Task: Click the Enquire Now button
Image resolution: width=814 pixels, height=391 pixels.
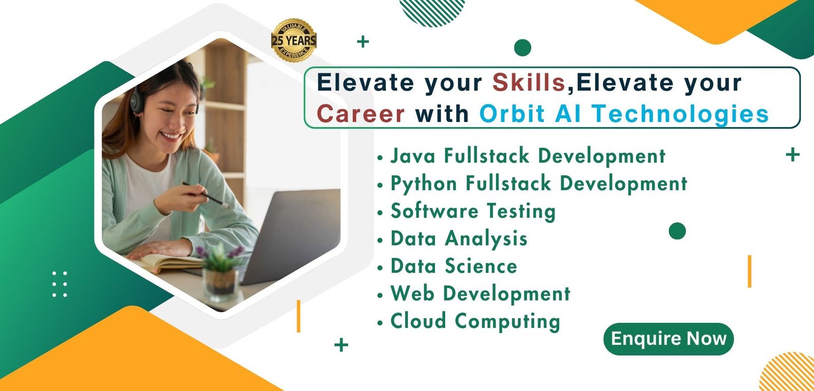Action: coord(668,339)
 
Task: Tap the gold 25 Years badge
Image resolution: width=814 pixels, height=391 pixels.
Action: coord(294,40)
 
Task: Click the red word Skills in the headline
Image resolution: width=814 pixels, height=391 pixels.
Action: coord(529,82)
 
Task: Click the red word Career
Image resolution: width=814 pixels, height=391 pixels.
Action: coord(361,113)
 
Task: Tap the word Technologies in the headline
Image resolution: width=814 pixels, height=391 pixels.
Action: coord(680,114)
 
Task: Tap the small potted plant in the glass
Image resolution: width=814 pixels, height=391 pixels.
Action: coord(220,273)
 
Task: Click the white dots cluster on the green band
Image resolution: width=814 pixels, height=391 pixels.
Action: coord(60,284)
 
